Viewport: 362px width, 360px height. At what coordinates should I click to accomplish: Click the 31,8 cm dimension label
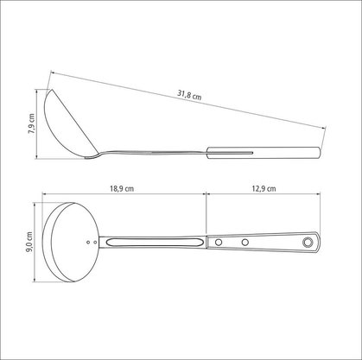[189, 95]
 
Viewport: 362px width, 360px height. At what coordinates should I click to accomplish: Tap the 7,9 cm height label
[31, 123]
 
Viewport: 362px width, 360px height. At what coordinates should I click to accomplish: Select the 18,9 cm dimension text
[122, 189]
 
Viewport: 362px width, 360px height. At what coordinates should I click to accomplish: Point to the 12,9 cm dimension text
[264, 189]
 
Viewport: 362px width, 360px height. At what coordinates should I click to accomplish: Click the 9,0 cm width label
[29, 243]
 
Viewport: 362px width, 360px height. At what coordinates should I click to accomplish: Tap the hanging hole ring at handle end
[308, 242]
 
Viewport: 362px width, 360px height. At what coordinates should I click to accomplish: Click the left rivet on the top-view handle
[219, 243]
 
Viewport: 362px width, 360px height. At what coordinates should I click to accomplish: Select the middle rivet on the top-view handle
[245, 243]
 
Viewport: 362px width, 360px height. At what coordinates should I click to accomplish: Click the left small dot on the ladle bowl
[88, 243]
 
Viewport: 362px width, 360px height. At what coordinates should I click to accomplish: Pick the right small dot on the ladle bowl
[95, 243]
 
